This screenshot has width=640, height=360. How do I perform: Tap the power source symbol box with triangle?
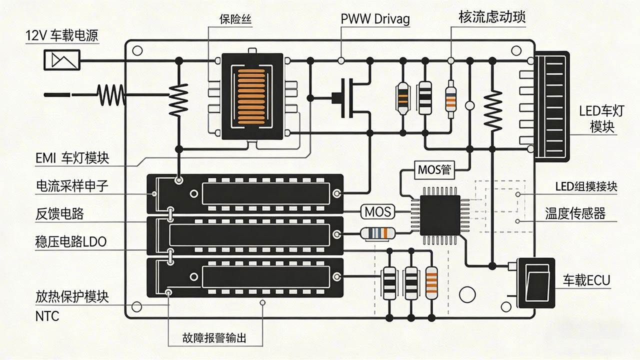[x=62, y=60]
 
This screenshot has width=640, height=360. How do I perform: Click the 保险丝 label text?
[x=235, y=19]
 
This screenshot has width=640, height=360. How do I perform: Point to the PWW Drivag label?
[x=375, y=19]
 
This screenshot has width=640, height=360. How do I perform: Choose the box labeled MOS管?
[x=434, y=170]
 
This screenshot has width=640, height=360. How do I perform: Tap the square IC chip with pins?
[x=440, y=215]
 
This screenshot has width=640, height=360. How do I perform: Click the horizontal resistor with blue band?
[x=378, y=233]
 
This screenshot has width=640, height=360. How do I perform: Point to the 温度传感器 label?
[x=575, y=213]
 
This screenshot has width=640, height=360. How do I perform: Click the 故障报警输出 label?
[x=214, y=338]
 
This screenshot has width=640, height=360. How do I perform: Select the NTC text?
[x=47, y=316]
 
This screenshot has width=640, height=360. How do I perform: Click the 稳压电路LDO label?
[x=70, y=242]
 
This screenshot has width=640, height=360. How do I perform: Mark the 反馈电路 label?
[x=59, y=214]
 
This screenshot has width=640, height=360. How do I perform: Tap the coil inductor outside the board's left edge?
[x=111, y=94]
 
